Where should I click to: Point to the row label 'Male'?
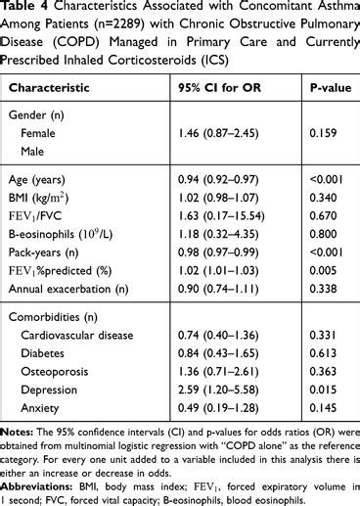tap(36, 150)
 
